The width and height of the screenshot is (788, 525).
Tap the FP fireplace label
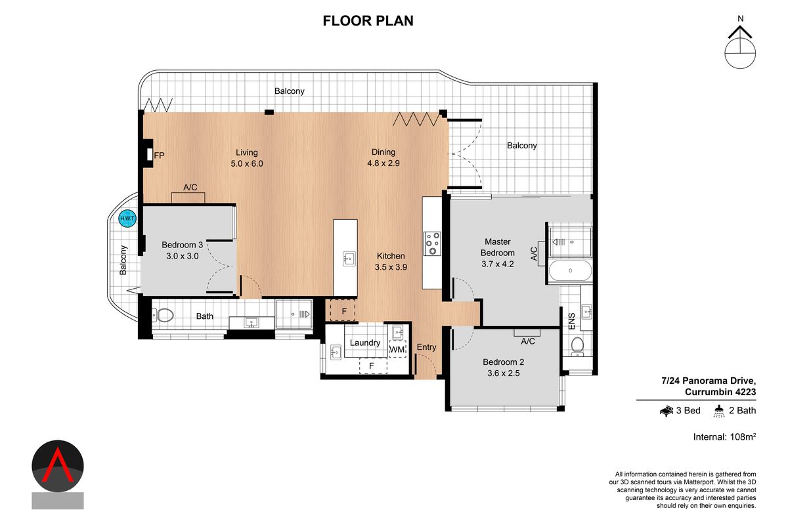click(x=159, y=156)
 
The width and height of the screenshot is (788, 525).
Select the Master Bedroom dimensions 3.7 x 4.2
click(x=497, y=264)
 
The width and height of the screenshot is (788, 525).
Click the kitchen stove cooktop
click(x=432, y=243)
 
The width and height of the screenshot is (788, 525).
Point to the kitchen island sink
click(x=349, y=258)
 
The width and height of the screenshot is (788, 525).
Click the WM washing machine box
click(x=397, y=350)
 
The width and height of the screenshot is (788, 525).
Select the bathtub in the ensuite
click(x=569, y=270)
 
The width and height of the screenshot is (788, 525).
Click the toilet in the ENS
click(x=578, y=344)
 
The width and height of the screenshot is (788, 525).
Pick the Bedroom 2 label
click(x=503, y=362)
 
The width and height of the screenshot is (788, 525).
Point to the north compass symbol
click(x=741, y=47)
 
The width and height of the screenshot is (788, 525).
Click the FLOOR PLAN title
click(x=368, y=21)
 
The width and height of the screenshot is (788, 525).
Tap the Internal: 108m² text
click(x=724, y=437)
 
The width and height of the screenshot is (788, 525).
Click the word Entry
click(x=426, y=347)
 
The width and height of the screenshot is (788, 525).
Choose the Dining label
click(x=383, y=152)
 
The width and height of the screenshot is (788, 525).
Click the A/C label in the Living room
click(x=190, y=188)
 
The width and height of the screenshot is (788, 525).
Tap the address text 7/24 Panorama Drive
click(x=709, y=381)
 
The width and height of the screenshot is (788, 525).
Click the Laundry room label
click(x=364, y=343)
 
